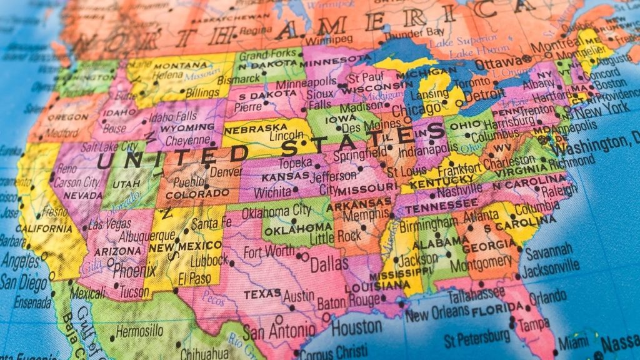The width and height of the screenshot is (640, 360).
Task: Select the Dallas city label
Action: pyautogui.click(x=329, y=263)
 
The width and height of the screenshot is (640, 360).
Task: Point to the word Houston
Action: pyautogui.click(x=356, y=326)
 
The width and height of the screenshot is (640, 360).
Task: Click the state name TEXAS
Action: pyautogui.click(x=262, y=294)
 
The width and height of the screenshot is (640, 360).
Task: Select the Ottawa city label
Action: pyautogui.click(x=497, y=64)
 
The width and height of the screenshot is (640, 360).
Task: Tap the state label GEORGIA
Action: pyautogui.click(x=488, y=246)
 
